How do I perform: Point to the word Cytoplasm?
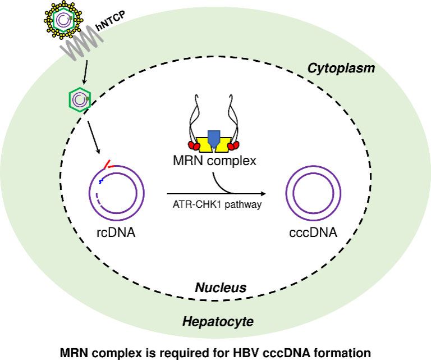(x=341, y=69)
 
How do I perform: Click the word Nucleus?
(x=221, y=288)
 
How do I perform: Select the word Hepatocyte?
(x=218, y=322)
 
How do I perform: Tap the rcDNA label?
(x=115, y=232)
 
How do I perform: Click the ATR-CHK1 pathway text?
(x=217, y=204)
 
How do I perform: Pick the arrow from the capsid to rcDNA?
(x=94, y=135)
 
